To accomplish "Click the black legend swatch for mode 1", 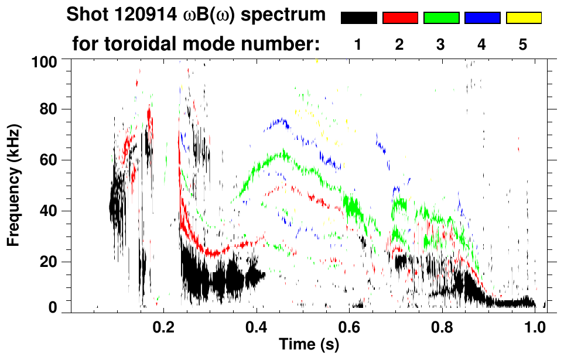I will (x=358, y=18).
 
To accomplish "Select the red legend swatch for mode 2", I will (x=400, y=18).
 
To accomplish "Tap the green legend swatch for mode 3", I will (x=441, y=18).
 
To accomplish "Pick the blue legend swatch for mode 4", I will (x=482, y=18).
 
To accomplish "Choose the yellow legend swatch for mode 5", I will (x=524, y=18).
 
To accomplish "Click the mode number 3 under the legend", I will (x=440, y=44).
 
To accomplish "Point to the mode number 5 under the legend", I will (x=524, y=44).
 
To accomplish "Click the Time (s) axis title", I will (x=308, y=345).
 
